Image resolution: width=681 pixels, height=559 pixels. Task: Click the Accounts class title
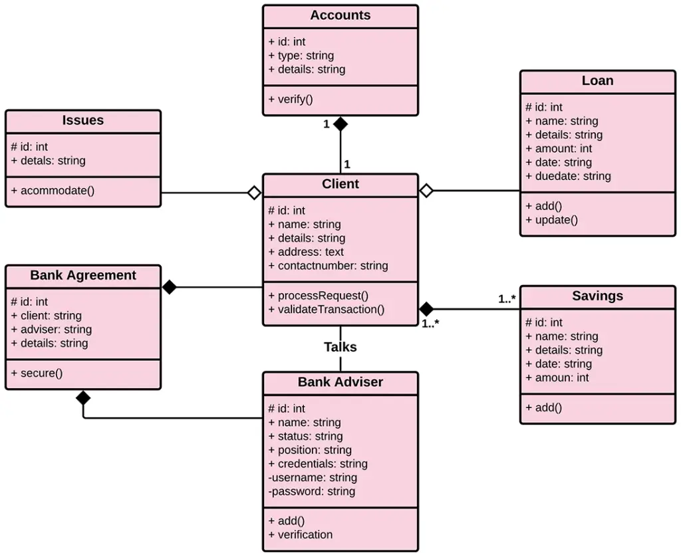coord(340,15)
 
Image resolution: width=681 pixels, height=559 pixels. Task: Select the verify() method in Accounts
coord(291,99)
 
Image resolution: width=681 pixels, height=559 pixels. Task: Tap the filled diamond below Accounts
coord(340,124)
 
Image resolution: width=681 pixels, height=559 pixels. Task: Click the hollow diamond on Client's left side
coord(253,193)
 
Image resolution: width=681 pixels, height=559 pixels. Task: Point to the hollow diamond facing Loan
coord(426,191)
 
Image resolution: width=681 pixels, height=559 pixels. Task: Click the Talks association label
coord(340,347)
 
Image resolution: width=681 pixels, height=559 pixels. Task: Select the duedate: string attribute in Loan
coord(568,176)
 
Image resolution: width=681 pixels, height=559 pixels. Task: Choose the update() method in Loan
coord(551,219)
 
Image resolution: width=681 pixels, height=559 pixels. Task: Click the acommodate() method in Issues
coord(53,191)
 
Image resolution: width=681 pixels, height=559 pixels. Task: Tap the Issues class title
coord(83,120)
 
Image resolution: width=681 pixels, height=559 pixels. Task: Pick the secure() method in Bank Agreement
coord(37,373)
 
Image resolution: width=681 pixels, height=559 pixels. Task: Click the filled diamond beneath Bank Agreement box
coord(83,398)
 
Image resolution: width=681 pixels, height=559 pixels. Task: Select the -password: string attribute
coord(311,491)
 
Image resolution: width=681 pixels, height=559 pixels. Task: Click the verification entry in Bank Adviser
coord(300,534)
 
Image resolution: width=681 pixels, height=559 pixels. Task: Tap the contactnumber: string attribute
coord(328,266)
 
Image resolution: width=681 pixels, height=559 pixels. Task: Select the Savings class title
coord(597,296)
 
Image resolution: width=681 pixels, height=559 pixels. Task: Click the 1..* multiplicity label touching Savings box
coord(507,299)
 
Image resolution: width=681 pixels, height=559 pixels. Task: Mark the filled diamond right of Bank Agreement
coord(170,287)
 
